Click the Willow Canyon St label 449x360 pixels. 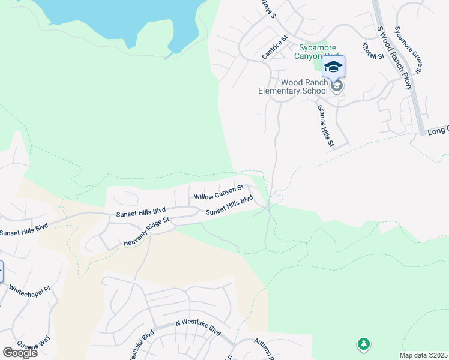click(218, 193)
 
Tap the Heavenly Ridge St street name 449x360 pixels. click(147, 232)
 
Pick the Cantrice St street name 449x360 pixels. click(275, 47)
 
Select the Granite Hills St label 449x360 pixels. click(324, 125)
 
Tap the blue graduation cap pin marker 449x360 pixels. click(334, 66)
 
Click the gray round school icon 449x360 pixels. click(337, 88)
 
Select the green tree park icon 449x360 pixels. click(363, 344)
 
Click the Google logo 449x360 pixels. click(20, 352)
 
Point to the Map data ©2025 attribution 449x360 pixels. click(423, 355)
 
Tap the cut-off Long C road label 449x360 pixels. click(438, 130)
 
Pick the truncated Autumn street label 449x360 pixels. click(263, 350)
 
